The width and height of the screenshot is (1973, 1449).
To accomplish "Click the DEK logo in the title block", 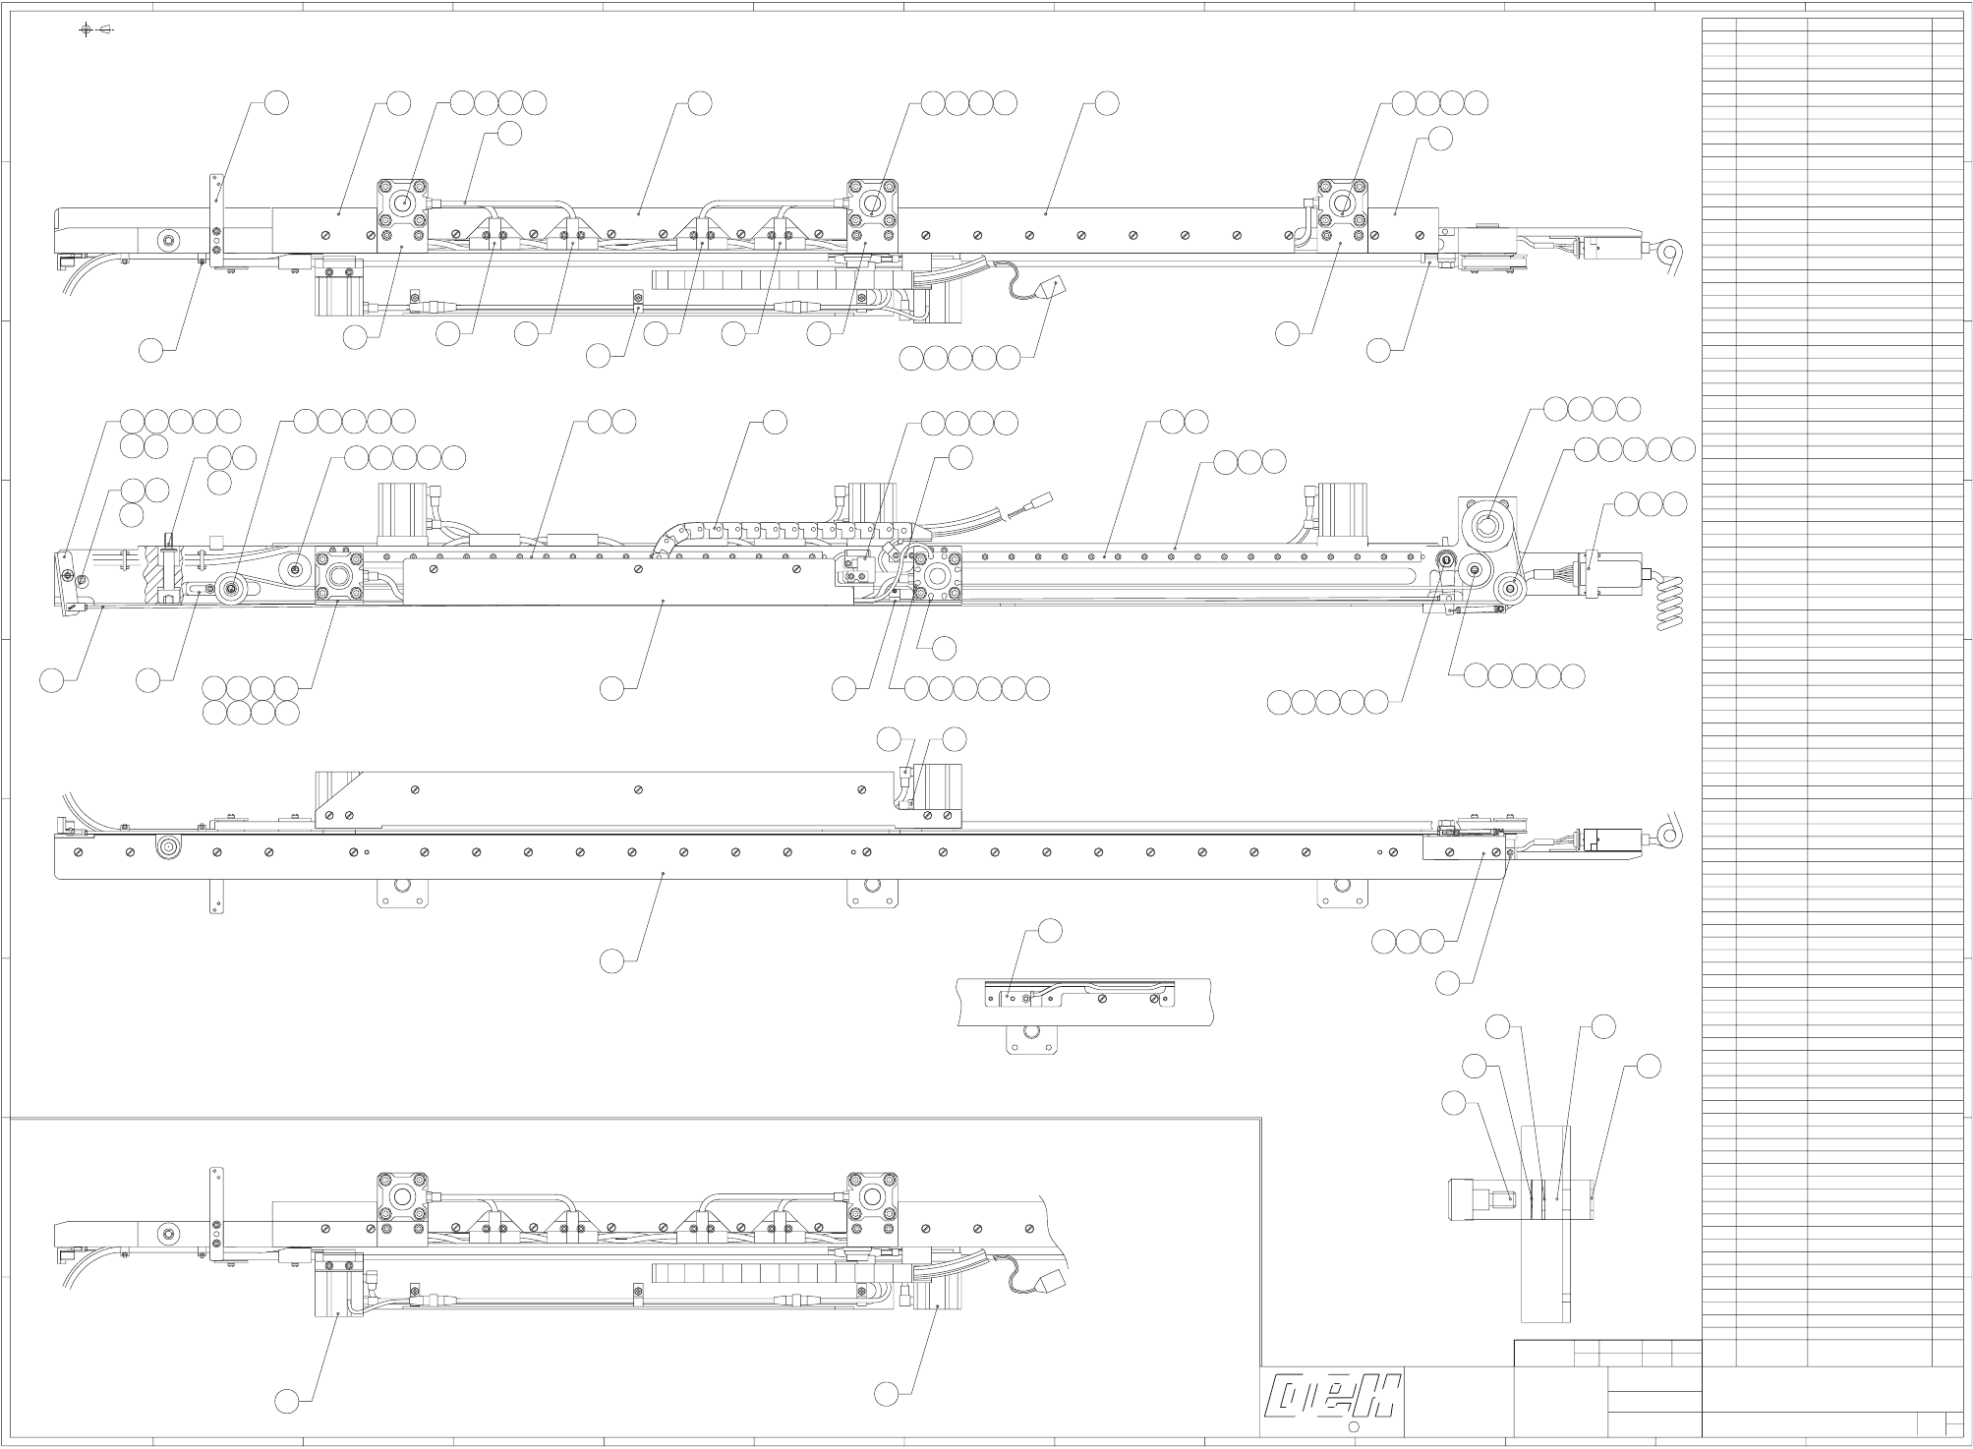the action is tap(1334, 1397).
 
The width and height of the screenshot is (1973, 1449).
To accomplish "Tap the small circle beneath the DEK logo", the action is tap(1353, 1427).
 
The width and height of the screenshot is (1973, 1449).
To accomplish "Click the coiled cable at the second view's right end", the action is tap(1669, 603).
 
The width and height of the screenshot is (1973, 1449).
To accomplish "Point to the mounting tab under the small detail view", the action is tap(1030, 1039).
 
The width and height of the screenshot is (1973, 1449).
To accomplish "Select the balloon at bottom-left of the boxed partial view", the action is tap(287, 1402).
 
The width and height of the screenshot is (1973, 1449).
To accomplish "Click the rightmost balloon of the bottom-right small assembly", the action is tap(1649, 1066).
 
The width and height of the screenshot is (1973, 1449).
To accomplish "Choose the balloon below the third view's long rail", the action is tap(611, 961).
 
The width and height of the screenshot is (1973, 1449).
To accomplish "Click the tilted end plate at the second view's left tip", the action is tap(68, 582).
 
